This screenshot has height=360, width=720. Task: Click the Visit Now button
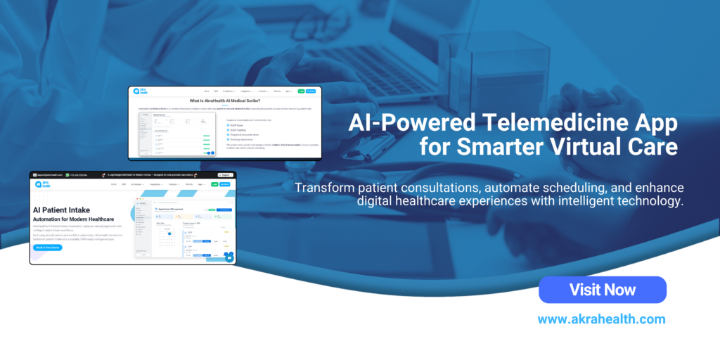(602, 290)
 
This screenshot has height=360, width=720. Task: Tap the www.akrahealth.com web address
(601, 319)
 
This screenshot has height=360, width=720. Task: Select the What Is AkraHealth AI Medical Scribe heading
(225, 101)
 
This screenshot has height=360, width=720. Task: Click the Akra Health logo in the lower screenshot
(40, 184)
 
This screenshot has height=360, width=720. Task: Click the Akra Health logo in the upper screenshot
(140, 91)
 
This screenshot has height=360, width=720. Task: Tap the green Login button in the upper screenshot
(302, 91)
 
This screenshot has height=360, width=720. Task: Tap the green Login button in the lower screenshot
(214, 184)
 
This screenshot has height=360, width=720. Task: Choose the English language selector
(225, 175)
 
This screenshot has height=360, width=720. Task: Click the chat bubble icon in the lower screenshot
(229, 258)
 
